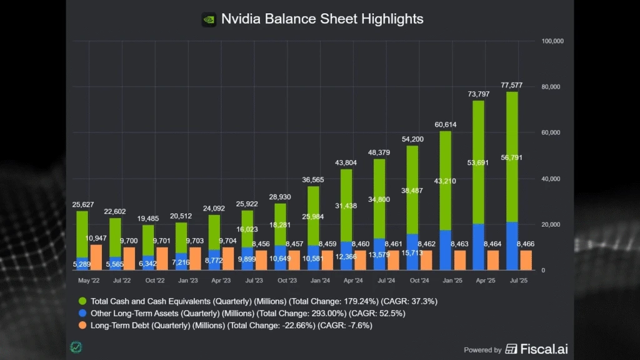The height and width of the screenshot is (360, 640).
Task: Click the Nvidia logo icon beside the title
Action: point(209,19)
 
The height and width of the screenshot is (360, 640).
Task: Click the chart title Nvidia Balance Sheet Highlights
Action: point(322,19)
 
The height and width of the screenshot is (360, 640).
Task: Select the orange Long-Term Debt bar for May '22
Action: point(96,257)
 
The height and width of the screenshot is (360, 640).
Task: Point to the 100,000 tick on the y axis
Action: point(552,41)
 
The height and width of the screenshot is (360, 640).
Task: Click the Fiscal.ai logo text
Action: point(542,349)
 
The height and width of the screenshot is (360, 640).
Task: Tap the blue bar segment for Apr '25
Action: point(478,247)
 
